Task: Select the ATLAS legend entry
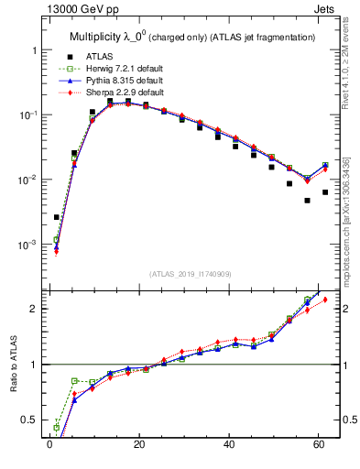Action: click(100, 57)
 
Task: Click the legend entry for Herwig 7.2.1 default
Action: click(125, 69)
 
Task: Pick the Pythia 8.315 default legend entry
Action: click(125, 81)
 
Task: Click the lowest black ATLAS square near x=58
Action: click(308, 200)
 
